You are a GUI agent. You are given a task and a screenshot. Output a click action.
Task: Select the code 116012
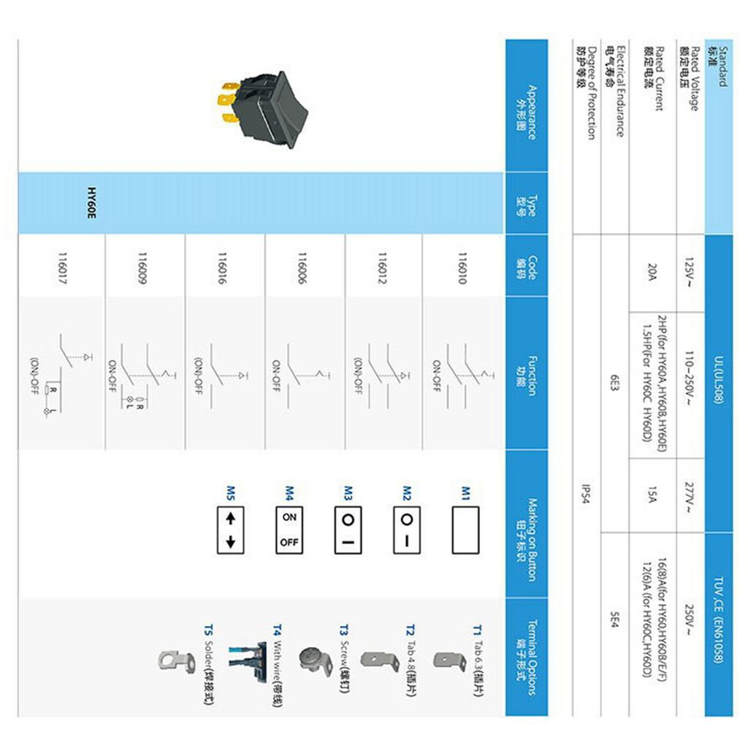[x=382, y=267]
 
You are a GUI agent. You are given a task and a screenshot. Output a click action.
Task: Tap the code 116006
[x=302, y=267]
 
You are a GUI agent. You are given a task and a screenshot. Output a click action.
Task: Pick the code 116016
[x=222, y=267]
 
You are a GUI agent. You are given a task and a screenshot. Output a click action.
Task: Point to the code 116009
[x=142, y=267]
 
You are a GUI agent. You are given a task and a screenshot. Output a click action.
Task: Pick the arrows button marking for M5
[x=230, y=529]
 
